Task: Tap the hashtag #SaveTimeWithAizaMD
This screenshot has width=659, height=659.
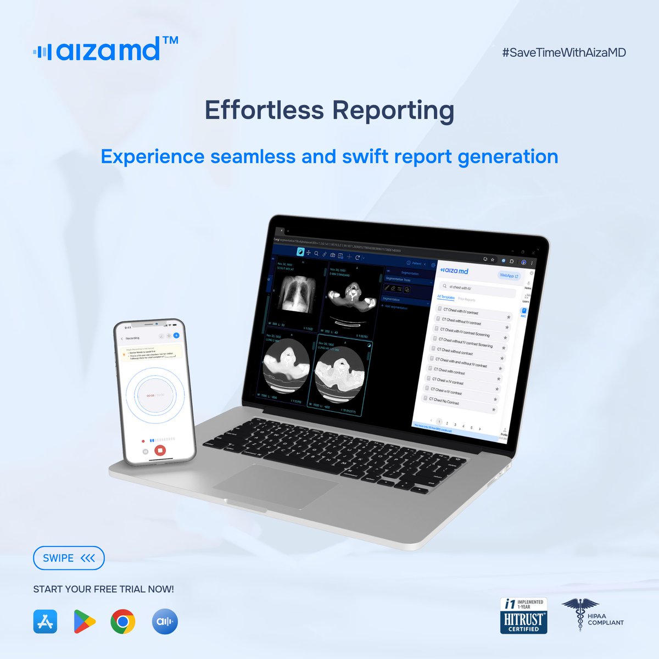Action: (563, 53)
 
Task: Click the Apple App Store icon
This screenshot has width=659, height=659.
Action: (45, 622)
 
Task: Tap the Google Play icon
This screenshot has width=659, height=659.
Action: (84, 622)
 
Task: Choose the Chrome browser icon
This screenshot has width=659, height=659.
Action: (123, 622)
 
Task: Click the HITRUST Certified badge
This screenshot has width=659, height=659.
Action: (523, 616)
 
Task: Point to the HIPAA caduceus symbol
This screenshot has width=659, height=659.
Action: (574, 614)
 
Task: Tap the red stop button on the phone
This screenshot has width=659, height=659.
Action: (160, 450)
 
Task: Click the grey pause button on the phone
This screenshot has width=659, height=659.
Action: (146, 451)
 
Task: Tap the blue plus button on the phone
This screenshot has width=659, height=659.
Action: (176, 336)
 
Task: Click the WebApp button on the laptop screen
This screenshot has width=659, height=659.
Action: (509, 276)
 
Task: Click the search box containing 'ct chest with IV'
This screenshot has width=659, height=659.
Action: (478, 289)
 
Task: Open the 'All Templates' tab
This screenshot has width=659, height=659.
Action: (445, 297)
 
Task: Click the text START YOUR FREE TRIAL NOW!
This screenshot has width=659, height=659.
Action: (103, 589)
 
